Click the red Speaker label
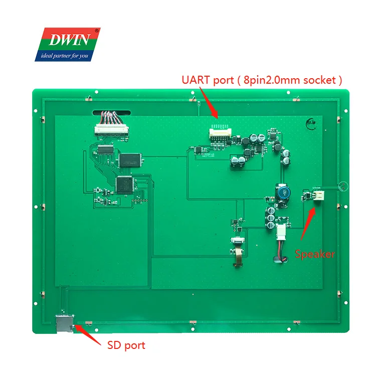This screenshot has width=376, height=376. (x=314, y=254)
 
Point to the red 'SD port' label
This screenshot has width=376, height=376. (x=126, y=345)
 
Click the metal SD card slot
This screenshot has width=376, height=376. (x=64, y=324)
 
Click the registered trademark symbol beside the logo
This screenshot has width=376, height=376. (x=97, y=30)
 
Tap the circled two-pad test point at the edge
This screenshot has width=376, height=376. (x=343, y=187)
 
